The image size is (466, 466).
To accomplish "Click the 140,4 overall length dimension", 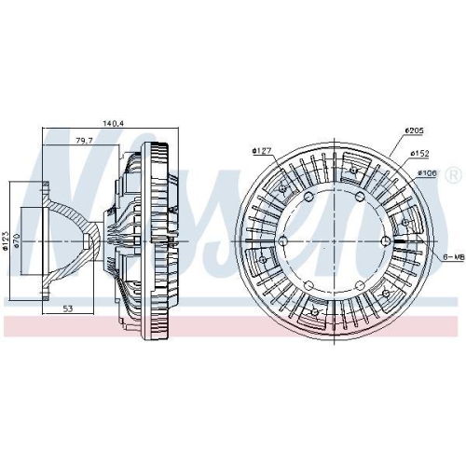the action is [114, 123].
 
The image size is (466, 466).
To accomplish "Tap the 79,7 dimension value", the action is [84, 141].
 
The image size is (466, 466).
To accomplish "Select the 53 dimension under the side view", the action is [68, 308].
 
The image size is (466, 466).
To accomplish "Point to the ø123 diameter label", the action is [5, 240].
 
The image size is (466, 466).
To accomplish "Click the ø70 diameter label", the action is [17, 240].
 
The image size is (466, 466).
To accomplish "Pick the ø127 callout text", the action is [262, 151].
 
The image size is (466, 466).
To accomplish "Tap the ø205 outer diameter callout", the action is [414, 130].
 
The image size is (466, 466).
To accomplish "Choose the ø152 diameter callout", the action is [419, 153].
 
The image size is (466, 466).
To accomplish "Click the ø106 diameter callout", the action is [427, 173].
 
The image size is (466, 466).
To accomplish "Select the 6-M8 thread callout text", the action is [454, 257].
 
